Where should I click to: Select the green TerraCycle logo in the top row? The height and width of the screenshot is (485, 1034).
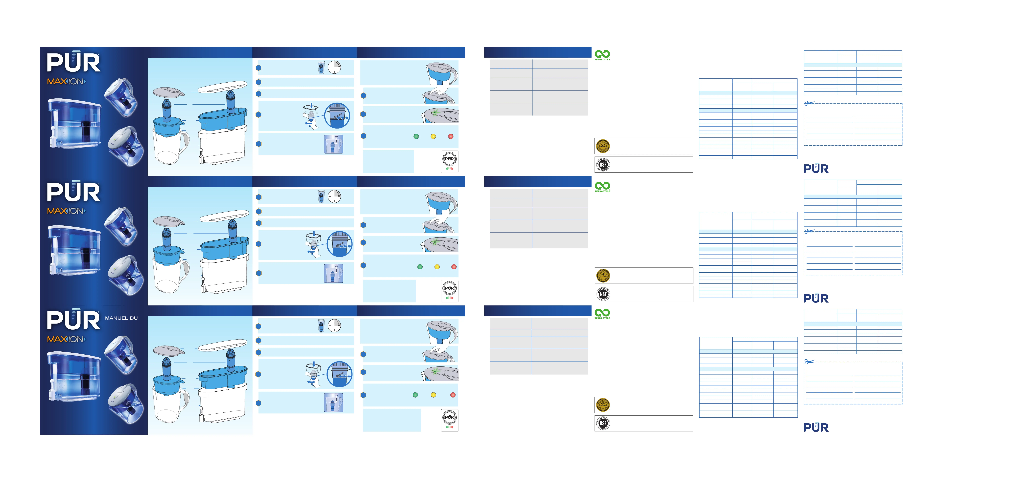[602, 55]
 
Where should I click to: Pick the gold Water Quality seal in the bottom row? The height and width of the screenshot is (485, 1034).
[603, 405]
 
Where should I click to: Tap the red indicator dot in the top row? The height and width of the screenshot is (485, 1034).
[451, 136]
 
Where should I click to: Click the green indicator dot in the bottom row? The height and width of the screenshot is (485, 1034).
[415, 395]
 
